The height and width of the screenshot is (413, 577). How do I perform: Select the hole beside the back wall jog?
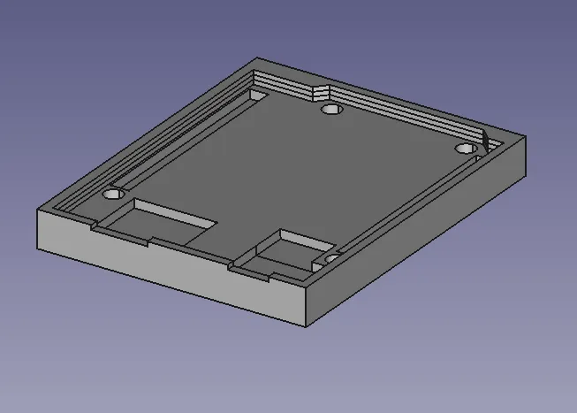332,110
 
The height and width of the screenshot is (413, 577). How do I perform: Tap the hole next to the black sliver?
465,149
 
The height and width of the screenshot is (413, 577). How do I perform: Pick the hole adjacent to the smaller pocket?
331,258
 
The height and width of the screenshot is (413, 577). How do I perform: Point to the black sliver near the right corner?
485,141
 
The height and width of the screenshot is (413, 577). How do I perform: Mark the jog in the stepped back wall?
320,90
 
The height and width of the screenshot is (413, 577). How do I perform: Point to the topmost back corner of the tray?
255,59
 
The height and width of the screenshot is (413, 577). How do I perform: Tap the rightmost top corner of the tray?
526,137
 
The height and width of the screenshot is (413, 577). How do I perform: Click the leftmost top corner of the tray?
37,209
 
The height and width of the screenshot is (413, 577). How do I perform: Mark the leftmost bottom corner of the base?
37,248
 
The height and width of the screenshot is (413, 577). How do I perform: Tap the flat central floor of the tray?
292,168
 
